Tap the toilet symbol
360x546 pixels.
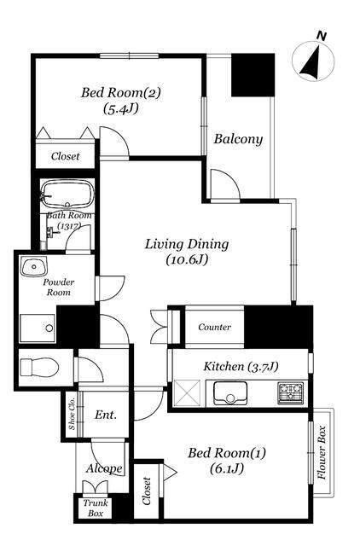[x=38, y=368]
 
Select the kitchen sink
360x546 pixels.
[x=230, y=393]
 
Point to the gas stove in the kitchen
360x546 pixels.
[x=290, y=393]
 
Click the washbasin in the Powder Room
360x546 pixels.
[x=33, y=266]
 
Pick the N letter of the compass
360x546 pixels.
[x=322, y=36]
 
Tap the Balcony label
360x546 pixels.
[x=238, y=139]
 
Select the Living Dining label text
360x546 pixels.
[x=187, y=244]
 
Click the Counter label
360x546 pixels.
[x=214, y=327]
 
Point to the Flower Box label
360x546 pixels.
[x=322, y=452]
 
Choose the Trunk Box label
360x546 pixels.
[x=96, y=508]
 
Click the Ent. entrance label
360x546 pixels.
[x=106, y=415]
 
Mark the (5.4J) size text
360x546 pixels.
[x=121, y=109]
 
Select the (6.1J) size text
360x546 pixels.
[x=227, y=468]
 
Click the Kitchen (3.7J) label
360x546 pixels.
[x=241, y=366]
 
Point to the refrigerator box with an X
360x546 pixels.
[x=188, y=393]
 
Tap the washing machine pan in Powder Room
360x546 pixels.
[x=38, y=328]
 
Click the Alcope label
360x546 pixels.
[x=104, y=468]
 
